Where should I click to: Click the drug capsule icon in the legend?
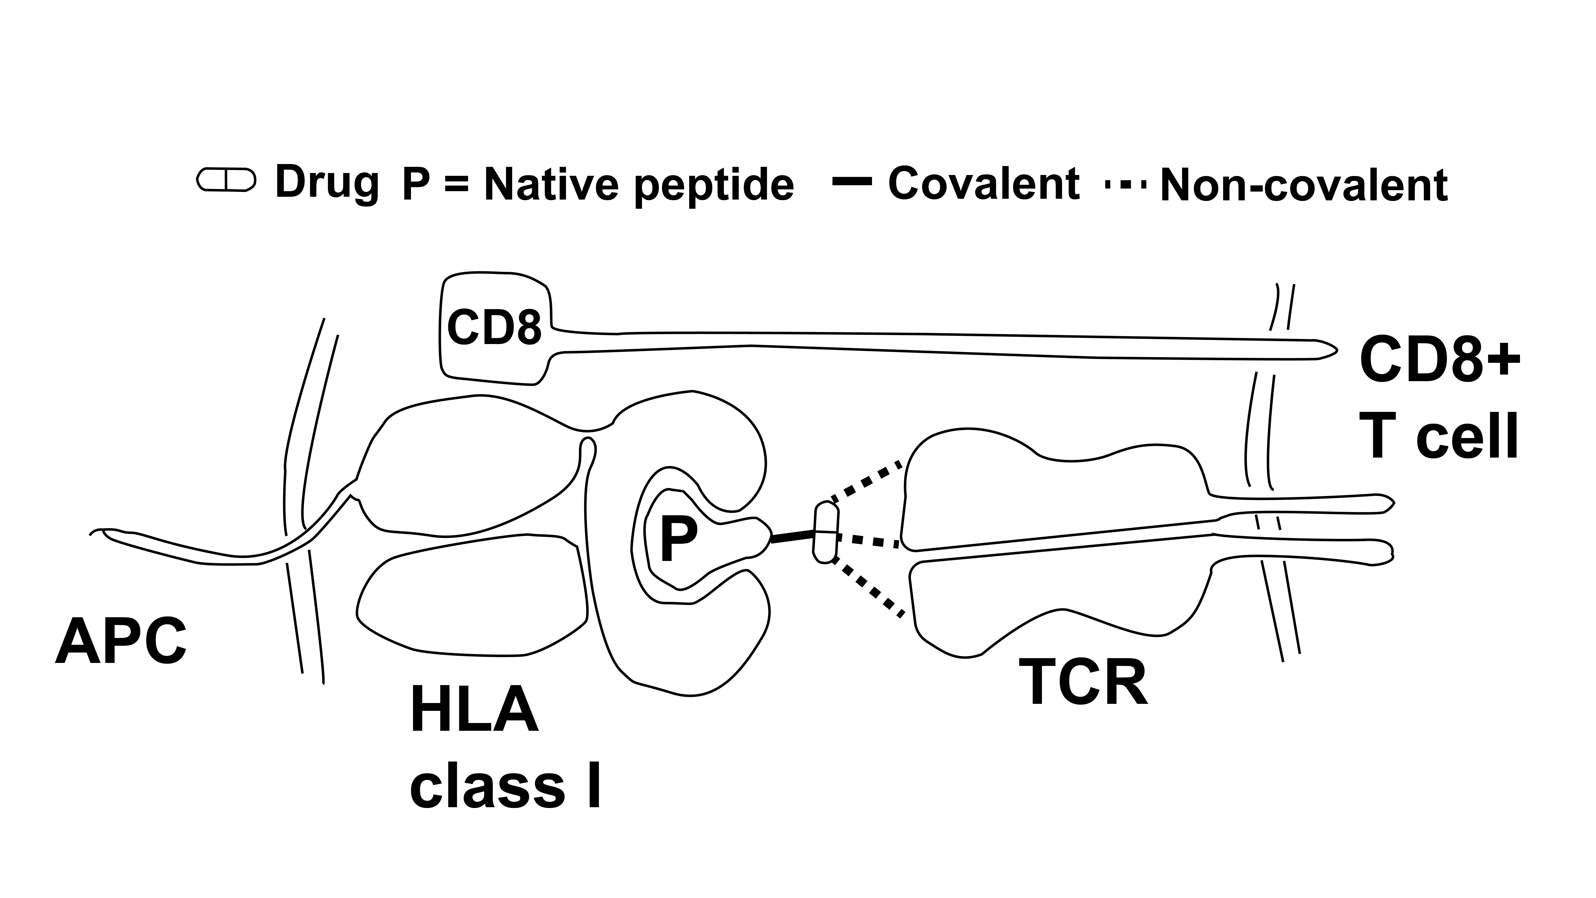coord(225,180)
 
